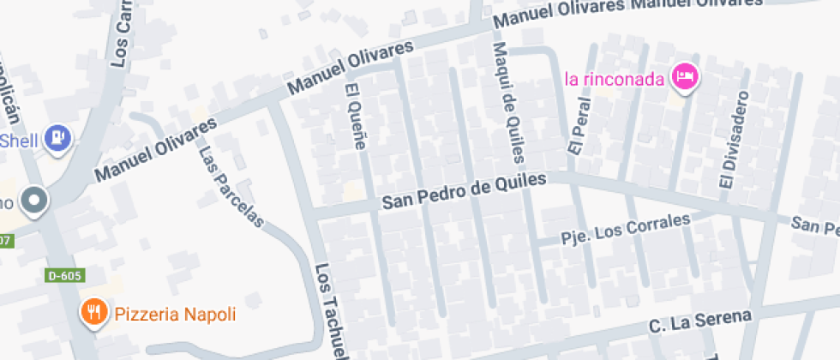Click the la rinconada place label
(615, 80)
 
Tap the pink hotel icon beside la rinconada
(685, 77)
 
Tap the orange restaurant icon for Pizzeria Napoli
(93, 313)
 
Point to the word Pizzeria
(144, 314)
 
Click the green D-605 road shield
(64, 276)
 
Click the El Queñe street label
(355, 117)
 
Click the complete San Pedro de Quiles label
(464, 191)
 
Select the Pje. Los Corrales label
(625, 229)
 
